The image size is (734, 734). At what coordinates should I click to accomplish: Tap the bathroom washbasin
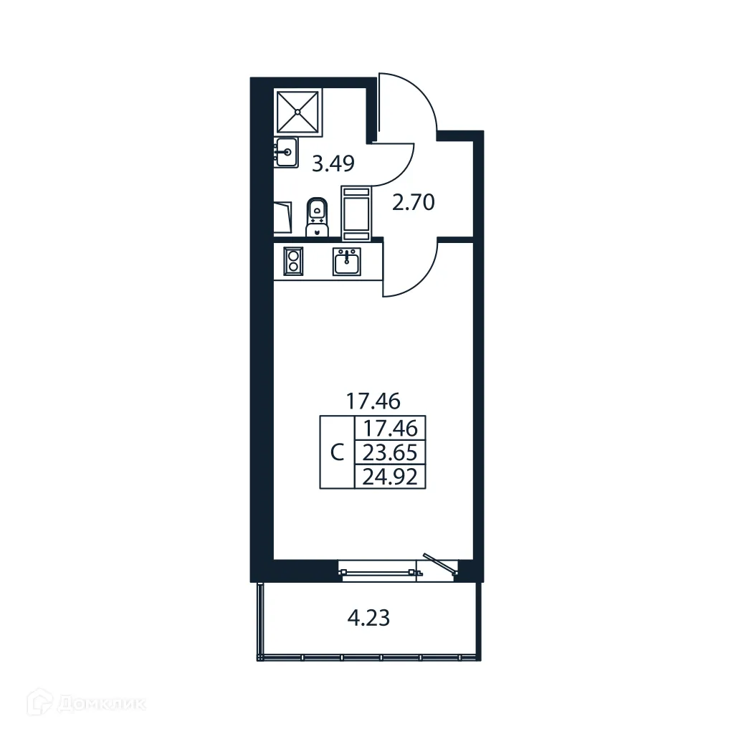[x=286, y=152]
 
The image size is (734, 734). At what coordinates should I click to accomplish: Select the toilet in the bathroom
[x=317, y=216]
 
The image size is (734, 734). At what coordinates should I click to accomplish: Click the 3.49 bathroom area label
[x=333, y=165]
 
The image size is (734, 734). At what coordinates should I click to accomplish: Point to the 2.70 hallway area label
[x=414, y=203]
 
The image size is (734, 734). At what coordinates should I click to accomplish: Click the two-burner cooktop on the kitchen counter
[x=293, y=260]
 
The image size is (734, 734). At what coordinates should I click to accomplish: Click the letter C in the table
[x=338, y=452]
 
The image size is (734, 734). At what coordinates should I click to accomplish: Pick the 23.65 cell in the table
[x=391, y=452]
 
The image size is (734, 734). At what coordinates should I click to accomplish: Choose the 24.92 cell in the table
[x=391, y=476]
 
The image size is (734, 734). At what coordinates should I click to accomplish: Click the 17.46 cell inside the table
[x=391, y=429]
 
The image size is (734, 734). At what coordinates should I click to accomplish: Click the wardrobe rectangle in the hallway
[x=356, y=213]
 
